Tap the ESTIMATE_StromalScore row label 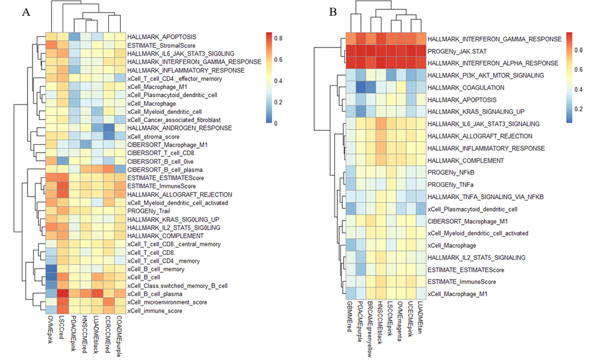point(156,46)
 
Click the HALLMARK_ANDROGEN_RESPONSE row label point(170,128)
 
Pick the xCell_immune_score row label point(153,311)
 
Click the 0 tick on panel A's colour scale point(277,124)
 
